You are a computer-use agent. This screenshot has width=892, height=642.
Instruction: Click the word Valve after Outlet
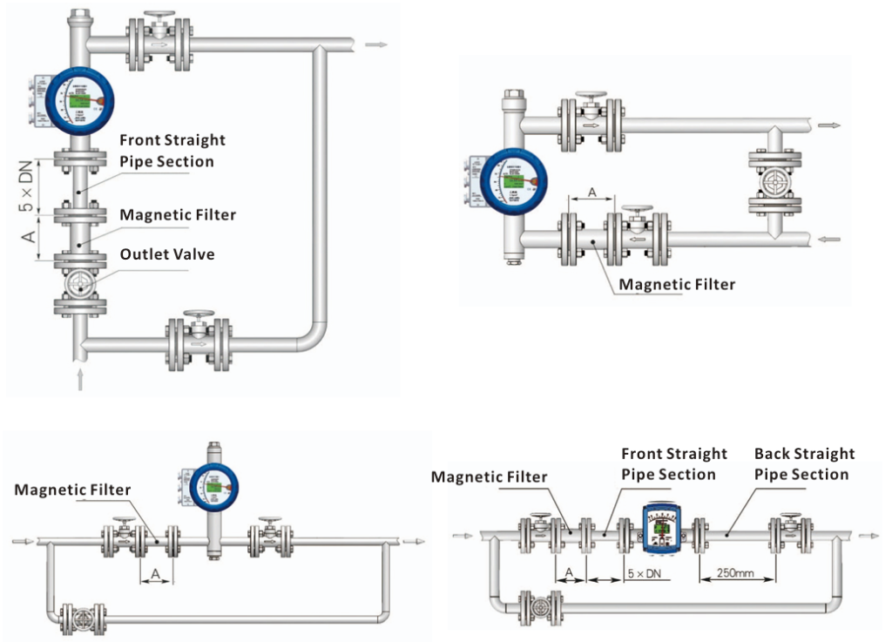tap(194, 254)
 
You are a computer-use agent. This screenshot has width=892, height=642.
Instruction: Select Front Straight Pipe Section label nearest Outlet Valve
tap(172, 151)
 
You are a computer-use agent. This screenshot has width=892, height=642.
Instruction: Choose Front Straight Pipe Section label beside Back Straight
tap(673, 464)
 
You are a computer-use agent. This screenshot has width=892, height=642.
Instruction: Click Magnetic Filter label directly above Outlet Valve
tap(177, 214)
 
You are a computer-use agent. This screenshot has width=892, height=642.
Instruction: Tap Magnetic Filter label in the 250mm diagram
tap(489, 476)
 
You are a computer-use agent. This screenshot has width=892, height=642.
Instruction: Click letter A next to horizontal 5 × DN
tap(570, 572)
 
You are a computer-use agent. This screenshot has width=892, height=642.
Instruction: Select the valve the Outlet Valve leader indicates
tap(80, 283)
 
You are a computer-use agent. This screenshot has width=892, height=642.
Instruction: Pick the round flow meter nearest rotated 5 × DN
tap(80, 102)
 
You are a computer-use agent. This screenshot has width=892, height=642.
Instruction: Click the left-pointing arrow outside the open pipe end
tap(830, 238)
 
